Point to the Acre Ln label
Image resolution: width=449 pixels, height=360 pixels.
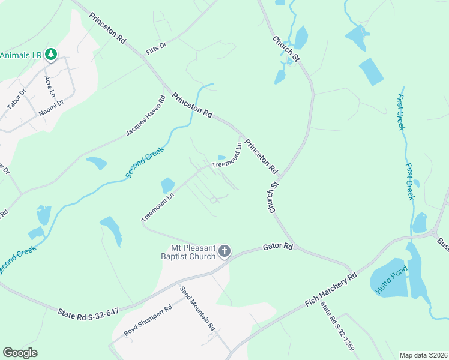(50, 86)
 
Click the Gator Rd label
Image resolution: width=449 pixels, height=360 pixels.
(278, 247)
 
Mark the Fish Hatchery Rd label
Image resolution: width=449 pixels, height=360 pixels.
(331, 289)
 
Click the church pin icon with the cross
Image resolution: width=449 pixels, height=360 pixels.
(224, 251)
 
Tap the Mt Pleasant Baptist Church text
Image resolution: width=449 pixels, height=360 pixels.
(193, 253)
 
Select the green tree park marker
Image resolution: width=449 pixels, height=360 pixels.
(52, 55)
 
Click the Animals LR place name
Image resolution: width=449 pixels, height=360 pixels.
(20, 55)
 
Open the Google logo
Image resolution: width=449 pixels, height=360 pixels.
(20, 352)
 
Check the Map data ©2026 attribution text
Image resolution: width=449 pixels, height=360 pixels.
(423, 355)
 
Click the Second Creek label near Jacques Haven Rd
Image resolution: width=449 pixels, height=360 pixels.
(147, 156)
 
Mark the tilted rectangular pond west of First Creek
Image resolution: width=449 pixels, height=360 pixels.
(371, 72)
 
